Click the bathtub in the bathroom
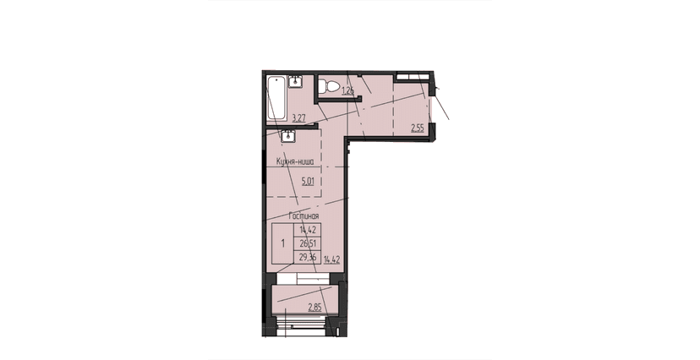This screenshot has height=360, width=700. tap(276, 99)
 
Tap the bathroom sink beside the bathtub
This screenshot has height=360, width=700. tap(296, 81)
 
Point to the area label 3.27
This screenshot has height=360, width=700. tap(298, 118)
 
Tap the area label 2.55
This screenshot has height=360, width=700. tap(417, 128)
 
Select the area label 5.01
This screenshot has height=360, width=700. tap(296, 179)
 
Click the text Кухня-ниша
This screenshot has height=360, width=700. tap(295, 160)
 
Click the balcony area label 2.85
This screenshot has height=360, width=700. tap(314, 307)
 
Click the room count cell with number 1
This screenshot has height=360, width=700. tap(282, 242)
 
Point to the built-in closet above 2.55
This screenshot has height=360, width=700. tap(412, 77)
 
